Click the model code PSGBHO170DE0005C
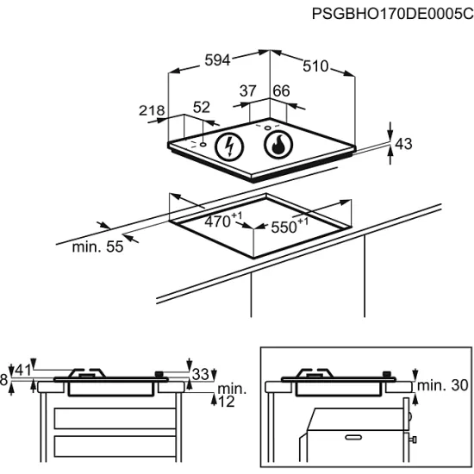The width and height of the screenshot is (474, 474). (392, 14)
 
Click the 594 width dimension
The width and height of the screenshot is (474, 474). (217, 59)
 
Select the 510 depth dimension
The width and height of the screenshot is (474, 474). (315, 66)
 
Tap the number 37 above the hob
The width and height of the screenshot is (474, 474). (248, 90)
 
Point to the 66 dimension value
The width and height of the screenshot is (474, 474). (281, 90)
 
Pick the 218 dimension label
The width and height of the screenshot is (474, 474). (152, 110)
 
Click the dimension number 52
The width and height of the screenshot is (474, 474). (202, 108)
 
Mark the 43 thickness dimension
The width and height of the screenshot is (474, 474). (403, 144)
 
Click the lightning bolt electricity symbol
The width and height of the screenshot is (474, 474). (229, 147)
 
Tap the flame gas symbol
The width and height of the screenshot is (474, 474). (278, 145)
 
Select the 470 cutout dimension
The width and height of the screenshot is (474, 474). (223, 221)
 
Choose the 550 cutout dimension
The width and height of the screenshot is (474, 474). (290, 226)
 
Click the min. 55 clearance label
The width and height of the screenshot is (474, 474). (97, 247)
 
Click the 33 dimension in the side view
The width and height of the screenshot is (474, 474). (201, 375)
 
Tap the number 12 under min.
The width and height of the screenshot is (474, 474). (226, 402)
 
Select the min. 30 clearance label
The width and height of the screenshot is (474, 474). (443, 385)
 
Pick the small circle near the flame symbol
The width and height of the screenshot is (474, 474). (267, 128)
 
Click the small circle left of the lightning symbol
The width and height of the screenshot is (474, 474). (203, 144)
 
